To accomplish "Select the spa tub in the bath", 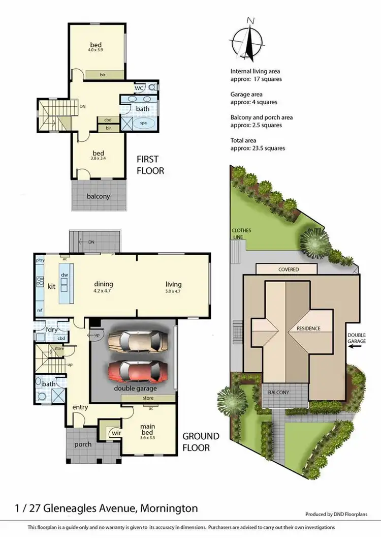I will [x=145, y=123].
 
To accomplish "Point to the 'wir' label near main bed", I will [x=116, y=433].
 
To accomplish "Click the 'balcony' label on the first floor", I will [x=98, y=196].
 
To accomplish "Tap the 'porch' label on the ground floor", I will [x=83, y=444].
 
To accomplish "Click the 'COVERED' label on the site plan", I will [x=288, y=269].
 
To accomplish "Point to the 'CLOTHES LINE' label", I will [x=241, y=233].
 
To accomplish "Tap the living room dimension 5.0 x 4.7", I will [x=173, y=291].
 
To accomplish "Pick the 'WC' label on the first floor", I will [x=138, y=88].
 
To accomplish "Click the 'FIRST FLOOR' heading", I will [x=150, y=165].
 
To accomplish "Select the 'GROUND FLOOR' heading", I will [x=201, y=442].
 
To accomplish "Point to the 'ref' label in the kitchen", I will [x=39, y=310].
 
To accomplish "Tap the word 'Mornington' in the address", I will [x=168, y=508].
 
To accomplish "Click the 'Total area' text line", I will [x=243, y=140].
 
